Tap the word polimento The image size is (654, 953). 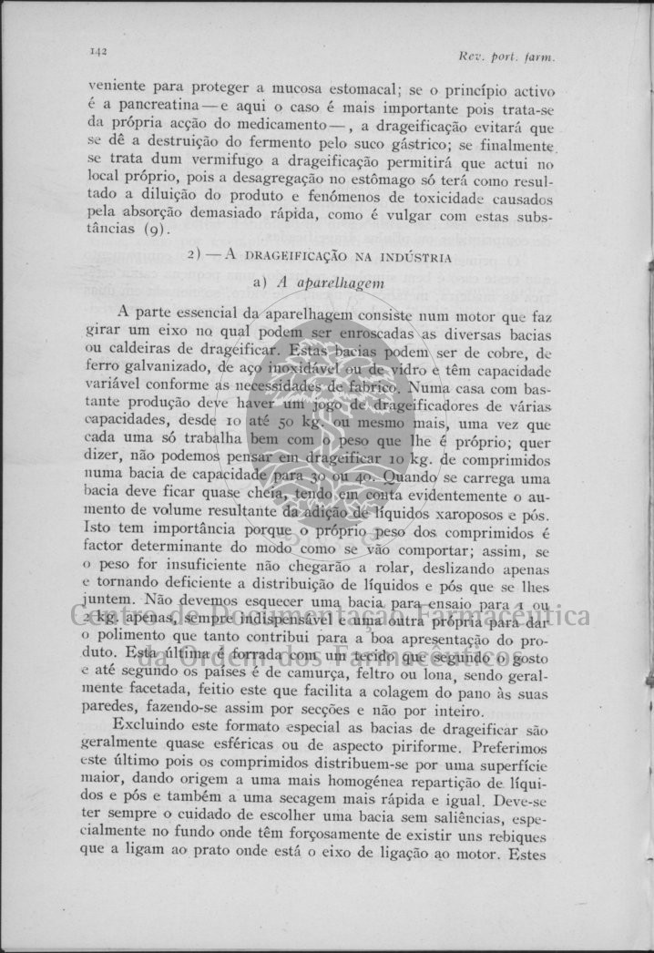pos(141,640)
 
